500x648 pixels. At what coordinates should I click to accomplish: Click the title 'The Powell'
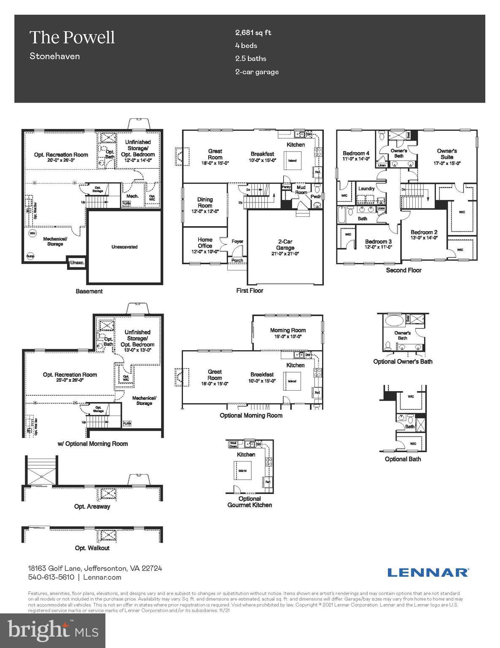click(72, 38)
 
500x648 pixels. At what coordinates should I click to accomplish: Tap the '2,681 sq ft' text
click(253, 32)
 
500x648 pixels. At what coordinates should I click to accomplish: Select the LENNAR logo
click(427, 572)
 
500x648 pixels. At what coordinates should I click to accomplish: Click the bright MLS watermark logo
click(53, 630)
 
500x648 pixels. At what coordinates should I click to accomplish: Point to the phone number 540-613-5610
click(51, 577)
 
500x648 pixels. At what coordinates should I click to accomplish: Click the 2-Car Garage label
click(285, 247)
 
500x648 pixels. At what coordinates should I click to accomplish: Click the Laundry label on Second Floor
click(366, 189)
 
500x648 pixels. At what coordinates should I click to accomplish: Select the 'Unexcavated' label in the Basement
click(124, 247)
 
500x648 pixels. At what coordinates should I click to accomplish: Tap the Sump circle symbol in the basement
click(30, 256)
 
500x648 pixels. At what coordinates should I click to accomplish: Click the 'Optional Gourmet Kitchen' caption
click(250, 502)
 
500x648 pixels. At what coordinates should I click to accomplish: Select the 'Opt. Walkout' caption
click(92, 548)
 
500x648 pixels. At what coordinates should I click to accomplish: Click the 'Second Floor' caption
click(403, 270)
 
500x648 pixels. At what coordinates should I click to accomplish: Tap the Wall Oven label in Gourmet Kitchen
click(233, 444)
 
